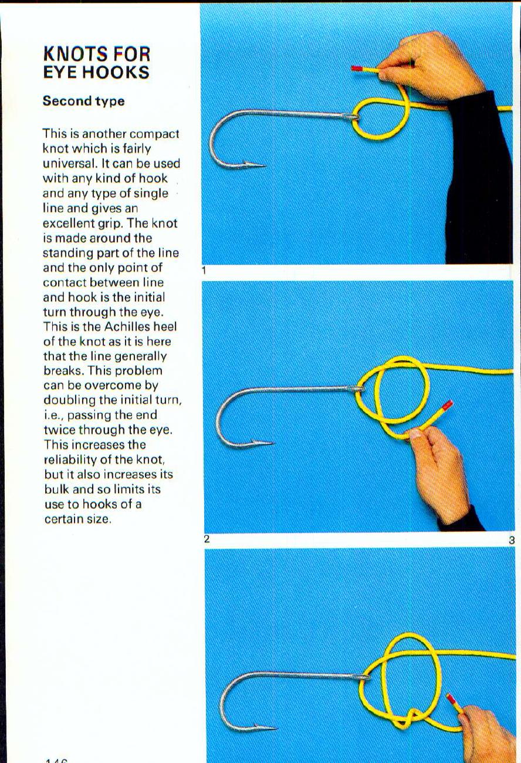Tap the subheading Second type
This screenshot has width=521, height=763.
point(83,101)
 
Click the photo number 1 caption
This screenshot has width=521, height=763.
point(203,271)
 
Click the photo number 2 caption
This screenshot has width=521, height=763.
point(207,539)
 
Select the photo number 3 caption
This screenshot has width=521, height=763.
point(512,539)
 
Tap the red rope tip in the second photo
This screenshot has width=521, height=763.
point(447,405)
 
